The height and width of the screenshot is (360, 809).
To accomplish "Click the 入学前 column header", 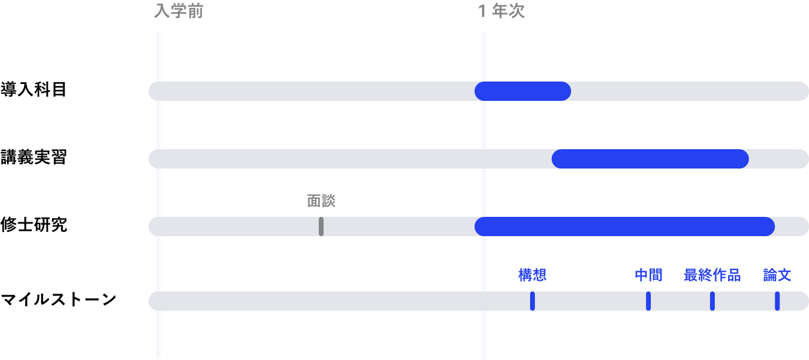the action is (x=179, y=11).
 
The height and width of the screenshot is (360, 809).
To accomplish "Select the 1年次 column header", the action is (x=501, y=11).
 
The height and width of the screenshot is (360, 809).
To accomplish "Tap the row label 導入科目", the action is (x=33, y=89).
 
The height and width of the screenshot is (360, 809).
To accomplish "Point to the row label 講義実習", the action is (x=33, y=157).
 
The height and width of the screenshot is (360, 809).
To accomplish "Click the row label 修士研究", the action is (x=33, y=225).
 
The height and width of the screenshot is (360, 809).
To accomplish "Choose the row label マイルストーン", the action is (x=58, y=299).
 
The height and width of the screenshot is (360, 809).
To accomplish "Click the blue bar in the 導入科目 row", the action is (x=523, y=91).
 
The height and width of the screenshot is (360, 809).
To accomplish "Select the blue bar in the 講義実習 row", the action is (x=650, y=159).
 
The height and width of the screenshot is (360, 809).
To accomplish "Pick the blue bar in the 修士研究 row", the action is (x=624, y=227).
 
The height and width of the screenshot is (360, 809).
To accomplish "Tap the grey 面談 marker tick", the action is (x=321, y=227).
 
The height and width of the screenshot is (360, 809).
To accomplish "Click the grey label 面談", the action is (x=321, y=201).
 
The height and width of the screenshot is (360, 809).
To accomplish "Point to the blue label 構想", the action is (x=532, y=275).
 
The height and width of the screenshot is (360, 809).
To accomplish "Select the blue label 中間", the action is (x=648, y=275).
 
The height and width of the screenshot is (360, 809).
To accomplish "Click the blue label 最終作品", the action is (x=712, y=275).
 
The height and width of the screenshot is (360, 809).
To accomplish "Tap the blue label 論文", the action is (x=777, y=275).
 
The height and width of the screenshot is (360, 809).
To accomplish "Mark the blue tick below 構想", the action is (x=532, y=301).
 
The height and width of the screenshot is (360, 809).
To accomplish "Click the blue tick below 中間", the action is (x=648, y=301).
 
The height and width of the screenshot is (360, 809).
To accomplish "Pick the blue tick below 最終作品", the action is (x=712, y=301).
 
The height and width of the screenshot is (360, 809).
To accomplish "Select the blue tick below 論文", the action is (x=777, y=301).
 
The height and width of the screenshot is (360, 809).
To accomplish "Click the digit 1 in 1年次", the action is (x=482, y=11).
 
